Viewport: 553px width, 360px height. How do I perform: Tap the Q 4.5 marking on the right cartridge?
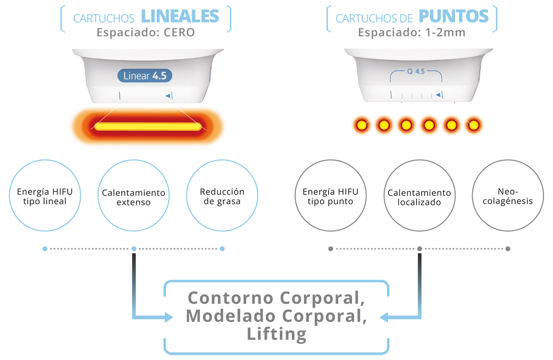tap(417, 72)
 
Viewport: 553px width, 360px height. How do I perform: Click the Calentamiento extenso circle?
tap(133, 197)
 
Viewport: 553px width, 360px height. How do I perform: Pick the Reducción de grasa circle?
tap(222, 196)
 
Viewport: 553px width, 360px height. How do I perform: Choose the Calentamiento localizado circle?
tap(419, 197)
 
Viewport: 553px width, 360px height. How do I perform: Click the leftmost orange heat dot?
tap(361, 125)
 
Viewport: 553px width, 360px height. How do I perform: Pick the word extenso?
tap(133, 202)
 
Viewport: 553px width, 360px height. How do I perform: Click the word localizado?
tap(419, 202)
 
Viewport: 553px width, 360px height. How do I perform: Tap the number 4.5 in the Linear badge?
tap(159, 76)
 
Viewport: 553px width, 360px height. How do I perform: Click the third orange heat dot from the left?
tap(406, 125)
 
